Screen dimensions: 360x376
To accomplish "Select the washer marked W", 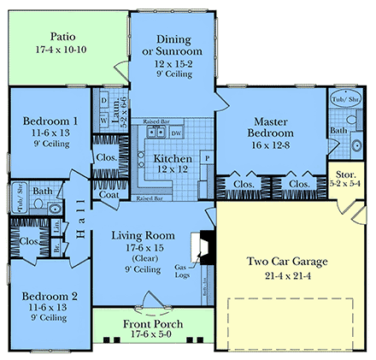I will pos(105,121).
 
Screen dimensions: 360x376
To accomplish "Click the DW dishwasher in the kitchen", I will pos(176,133).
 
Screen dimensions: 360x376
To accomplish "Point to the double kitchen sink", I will pos(156,133).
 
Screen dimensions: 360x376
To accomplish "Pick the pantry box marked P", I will pos(206,159).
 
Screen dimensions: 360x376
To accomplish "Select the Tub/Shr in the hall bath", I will pos(15,198).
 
